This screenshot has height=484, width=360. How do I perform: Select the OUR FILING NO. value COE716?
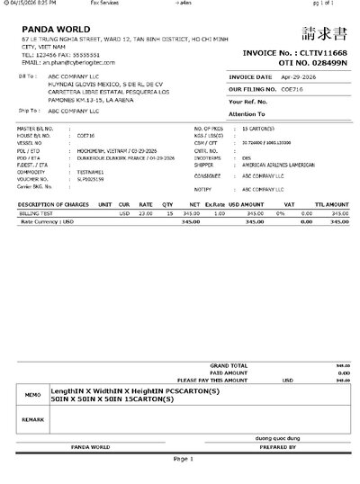pos(287,91)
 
